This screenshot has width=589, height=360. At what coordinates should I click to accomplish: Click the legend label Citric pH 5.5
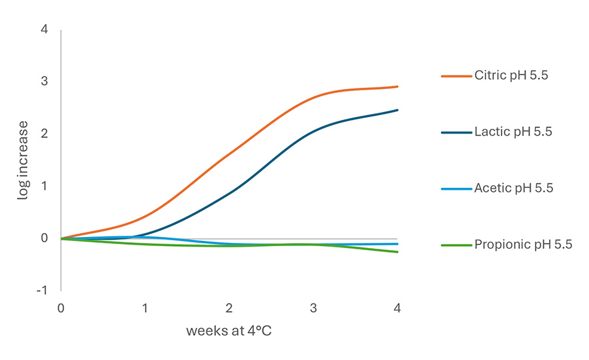point(511,75)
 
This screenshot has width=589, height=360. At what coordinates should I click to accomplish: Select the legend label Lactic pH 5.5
point(514,132)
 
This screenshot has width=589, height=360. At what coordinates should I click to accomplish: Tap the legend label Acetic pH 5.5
point(514,189)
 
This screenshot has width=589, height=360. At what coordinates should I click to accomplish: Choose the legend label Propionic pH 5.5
point(524,245)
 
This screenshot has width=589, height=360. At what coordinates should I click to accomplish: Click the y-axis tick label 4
point(44,29)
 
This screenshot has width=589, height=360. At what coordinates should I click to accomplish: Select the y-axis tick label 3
point(44,82)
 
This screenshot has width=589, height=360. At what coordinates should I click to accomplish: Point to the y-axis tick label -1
point(42,290)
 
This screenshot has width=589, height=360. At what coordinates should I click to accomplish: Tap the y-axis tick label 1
point(44,186)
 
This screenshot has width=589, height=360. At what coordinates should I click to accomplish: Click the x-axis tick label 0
point(61,308)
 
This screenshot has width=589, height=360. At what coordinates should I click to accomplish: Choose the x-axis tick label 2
point(229,308)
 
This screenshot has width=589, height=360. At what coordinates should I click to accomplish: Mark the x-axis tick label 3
point(313,308)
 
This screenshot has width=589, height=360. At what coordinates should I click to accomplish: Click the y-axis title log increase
point(23,160)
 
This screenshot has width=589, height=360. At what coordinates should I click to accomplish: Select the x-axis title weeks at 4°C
point(228,331)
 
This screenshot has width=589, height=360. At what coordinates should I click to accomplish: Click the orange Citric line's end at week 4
point(397,86)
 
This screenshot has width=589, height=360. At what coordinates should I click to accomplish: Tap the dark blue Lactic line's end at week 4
point(397,110)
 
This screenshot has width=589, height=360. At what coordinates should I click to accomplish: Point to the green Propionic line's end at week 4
point(397,252)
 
